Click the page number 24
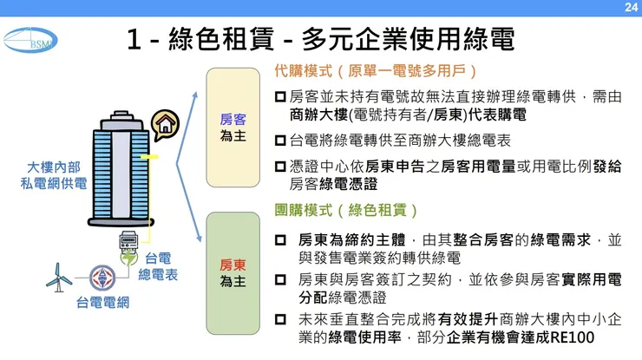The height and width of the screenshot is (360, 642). [631, 7]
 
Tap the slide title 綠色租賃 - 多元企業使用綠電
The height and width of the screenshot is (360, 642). [320, 40]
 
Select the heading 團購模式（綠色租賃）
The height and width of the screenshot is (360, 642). [346, 211]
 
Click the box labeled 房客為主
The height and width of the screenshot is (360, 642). [233, 128]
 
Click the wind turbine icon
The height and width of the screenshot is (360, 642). [61, 275]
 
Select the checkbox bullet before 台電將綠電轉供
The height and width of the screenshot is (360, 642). [280, 140]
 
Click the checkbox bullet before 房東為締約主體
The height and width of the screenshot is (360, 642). [280, 239]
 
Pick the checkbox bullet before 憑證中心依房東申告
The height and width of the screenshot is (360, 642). [280, 167]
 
